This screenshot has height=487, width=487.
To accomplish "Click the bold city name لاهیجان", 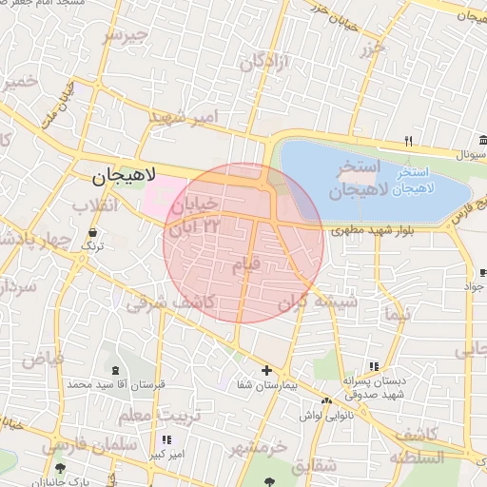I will click(x=124, y=178).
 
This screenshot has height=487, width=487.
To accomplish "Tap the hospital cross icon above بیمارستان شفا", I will click(x=266, y=370).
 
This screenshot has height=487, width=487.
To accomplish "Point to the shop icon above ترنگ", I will click(x=92, y=231).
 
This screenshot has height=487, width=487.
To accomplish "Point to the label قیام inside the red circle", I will click(x=244, y=266).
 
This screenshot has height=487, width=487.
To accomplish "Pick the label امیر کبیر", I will click(x=166, y=455).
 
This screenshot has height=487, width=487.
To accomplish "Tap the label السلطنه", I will click(x=417, y=458).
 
